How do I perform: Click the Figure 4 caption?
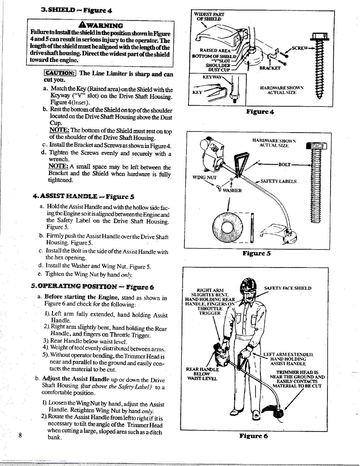tap(260, 111)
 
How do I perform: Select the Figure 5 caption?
tap(256, 253)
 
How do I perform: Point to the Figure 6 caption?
tap(253, 436)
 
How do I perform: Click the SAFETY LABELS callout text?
tap(278, 181)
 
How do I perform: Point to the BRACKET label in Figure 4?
tap(270, 68)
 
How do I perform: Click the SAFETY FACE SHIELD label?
tap(288, 288)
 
